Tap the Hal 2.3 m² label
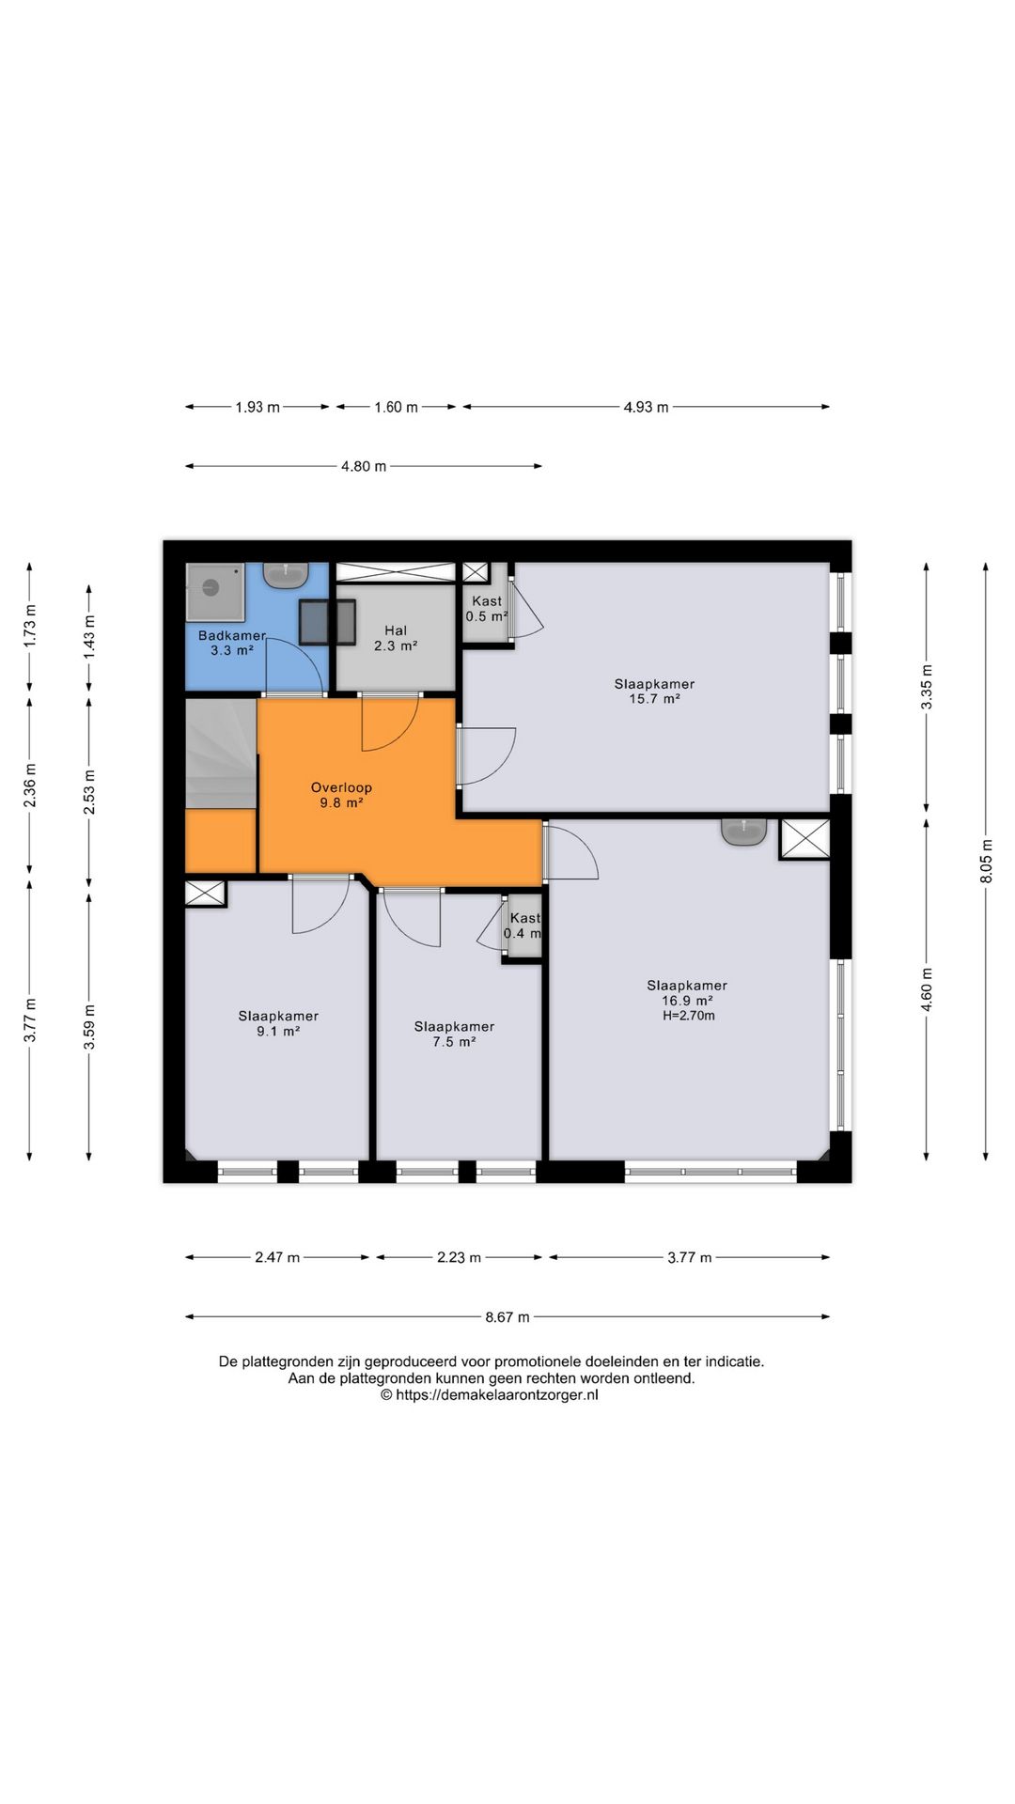396,639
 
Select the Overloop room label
342,795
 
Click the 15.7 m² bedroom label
655,692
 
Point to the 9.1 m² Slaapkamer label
278,1023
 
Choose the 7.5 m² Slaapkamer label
454,1034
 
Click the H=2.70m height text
689,1016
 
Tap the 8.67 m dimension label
507,1317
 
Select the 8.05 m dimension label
986,860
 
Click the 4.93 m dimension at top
647,407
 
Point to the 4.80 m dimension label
364,466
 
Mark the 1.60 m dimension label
396,407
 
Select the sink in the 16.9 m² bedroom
744,832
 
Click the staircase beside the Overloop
222,754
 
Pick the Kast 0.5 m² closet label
487,609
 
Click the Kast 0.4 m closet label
523,925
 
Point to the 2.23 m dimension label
460,1257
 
